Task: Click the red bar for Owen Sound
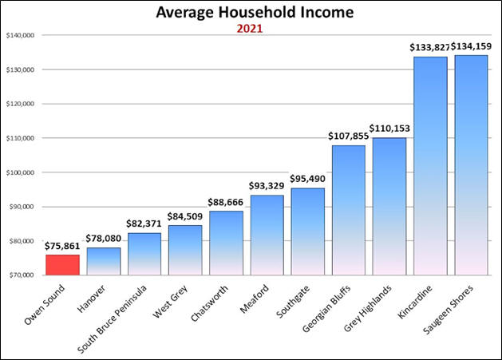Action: pyautogui.click(x=61, y=264)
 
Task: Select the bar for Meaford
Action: pyautogui.click(x=267, y=235)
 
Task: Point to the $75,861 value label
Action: pyautogui.click(x=61, y=247)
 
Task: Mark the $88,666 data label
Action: pyautogui.click(x=225, y=203)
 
